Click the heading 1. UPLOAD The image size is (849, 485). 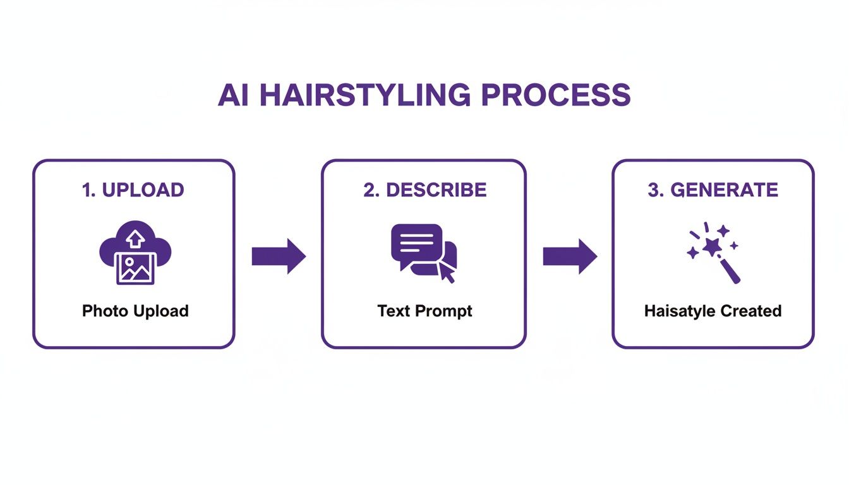[133, 190]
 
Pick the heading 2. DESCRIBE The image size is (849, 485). [424, 190]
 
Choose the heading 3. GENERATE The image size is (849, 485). [713, 190]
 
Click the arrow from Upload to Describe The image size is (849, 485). [279, 256]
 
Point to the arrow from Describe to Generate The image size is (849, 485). [570, 256]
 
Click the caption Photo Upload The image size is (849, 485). [135, 311]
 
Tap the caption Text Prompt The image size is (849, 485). [424, 311]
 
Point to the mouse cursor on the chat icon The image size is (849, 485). [447, 272]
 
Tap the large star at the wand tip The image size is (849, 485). [712, 246]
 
